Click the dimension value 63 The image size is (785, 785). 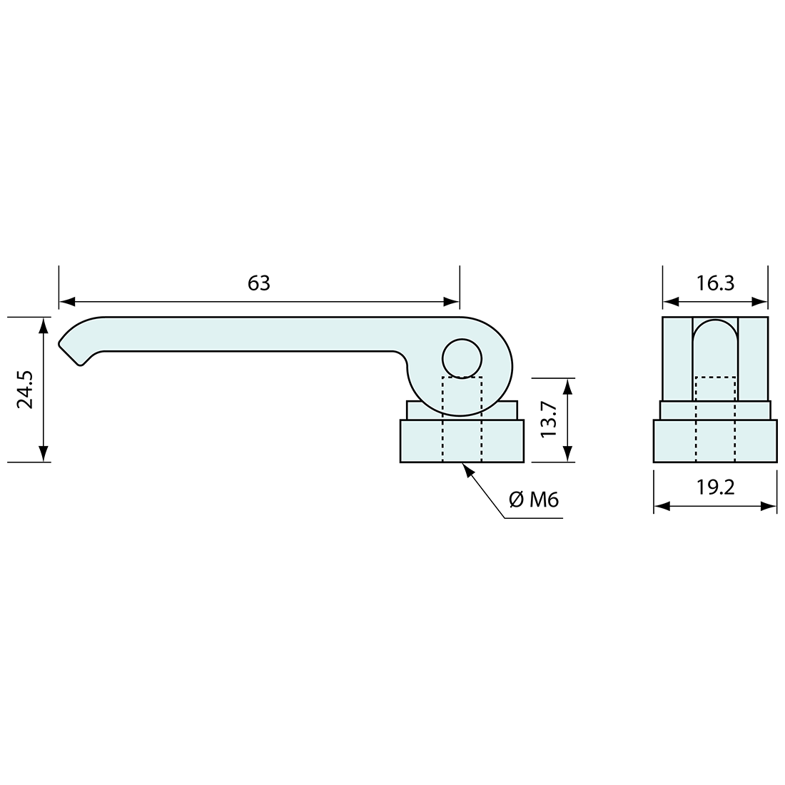(x=259, y=283)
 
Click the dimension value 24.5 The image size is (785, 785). (x=25, y=390)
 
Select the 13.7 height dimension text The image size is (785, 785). (x=549, y=419)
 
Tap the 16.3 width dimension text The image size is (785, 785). (x=715, y=283)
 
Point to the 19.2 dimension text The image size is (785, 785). (x=715, y=487)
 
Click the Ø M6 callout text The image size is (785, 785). (x=533, y=500)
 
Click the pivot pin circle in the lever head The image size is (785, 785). (x=462, y=358)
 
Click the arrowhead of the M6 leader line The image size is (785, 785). (x=467, y=469)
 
